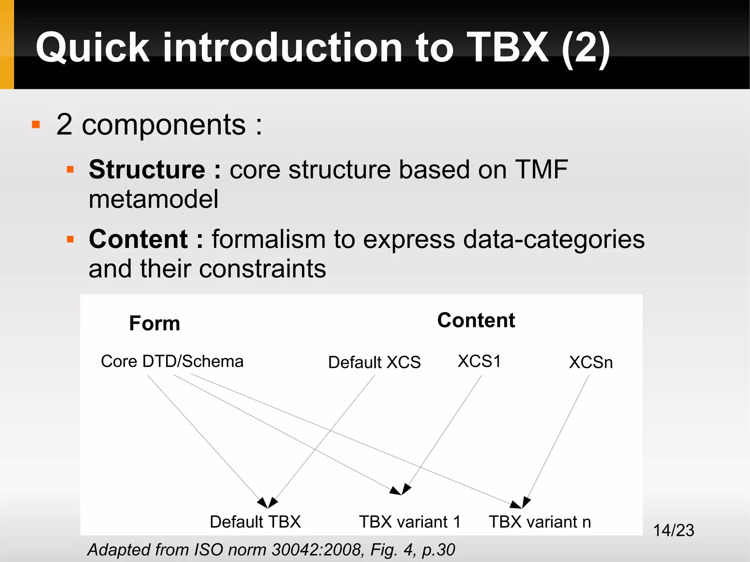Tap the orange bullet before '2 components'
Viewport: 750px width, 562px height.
pos(36,125)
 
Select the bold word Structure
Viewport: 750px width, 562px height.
pos(147,170)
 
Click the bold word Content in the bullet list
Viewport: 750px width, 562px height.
pos(138,239)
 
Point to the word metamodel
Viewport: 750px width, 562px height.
pos(153,200)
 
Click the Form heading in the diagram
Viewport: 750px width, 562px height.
pos(155,323)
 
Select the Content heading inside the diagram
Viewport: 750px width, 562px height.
pos(476,320)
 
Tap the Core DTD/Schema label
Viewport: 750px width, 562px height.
pos(172,361)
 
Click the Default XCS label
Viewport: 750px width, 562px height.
pos(374,362)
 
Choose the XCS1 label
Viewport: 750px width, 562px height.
pos(479,361)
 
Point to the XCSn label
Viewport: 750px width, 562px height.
pos(591,362)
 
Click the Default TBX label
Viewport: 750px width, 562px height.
pos(255,522)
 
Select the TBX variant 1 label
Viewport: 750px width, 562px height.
pos(410,522)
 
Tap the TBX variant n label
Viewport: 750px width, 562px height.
pos(540,522)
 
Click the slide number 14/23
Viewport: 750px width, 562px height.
pos(673,530)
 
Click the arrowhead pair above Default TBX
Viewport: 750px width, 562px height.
pos(268,502)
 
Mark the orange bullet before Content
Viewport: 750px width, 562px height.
pos(70,239)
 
